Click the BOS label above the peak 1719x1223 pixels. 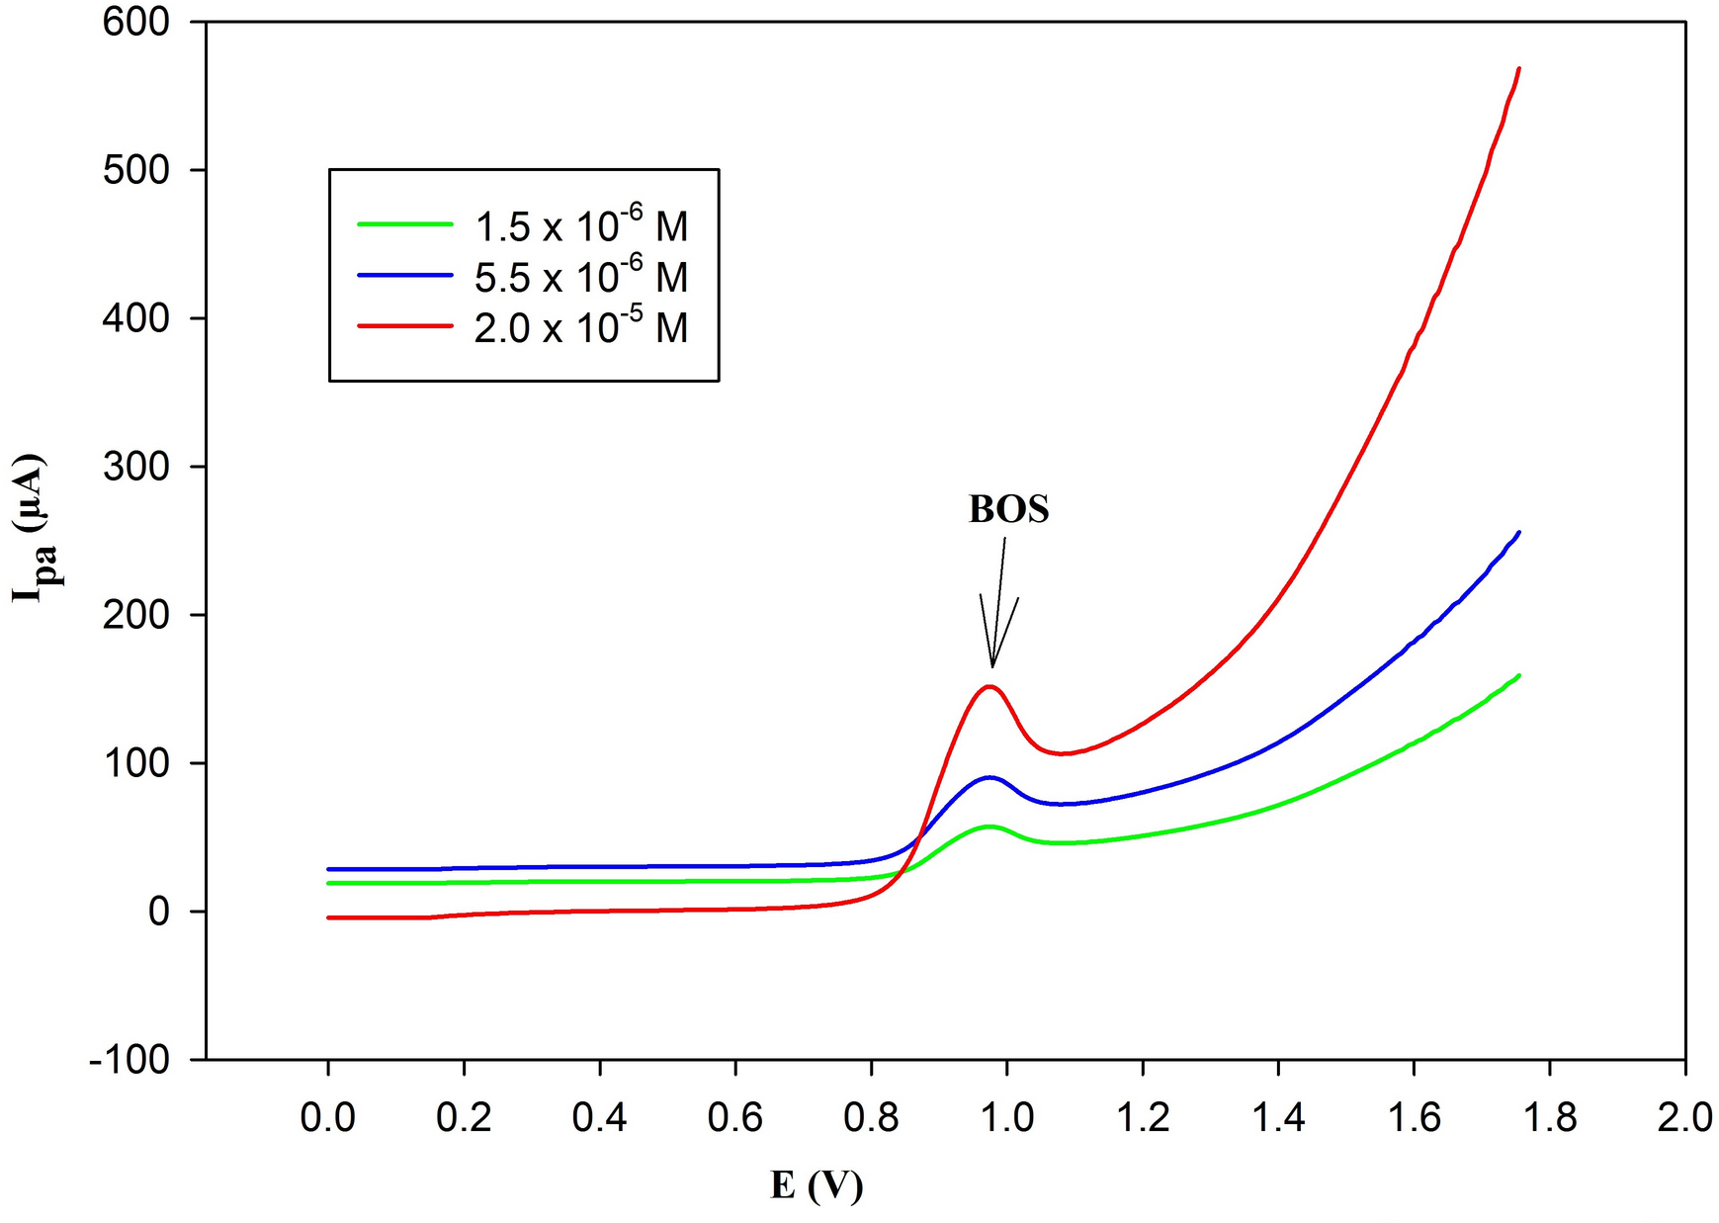click(1008, 509)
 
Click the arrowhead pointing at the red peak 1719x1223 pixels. click(992, 662)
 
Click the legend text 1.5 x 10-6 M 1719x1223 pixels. click(580, 226)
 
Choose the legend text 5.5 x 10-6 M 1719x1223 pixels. click(580, 277)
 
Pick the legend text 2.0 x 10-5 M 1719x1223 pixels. click(580, 327)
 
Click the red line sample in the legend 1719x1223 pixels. click(405, 325)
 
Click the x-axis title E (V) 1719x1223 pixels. click(817, 1184)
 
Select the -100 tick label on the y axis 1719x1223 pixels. click(129, 1059)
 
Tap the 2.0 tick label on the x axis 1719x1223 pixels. click(1683, 1117)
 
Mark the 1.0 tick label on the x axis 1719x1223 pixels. click(1006, 1117)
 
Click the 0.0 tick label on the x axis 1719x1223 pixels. click(328, 1117)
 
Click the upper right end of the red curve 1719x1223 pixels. click(1517, 69)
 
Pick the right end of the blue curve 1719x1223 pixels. click(1517, 533)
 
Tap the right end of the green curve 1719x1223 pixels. click(1517, 676)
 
